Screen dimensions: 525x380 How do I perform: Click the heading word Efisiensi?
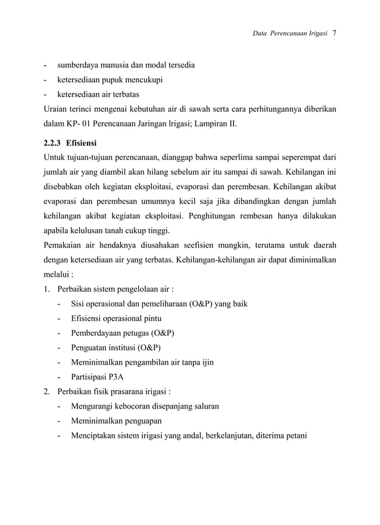83,143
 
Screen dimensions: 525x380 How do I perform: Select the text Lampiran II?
217,124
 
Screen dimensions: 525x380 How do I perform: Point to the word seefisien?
197,246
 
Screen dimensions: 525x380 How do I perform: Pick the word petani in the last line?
294,436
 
